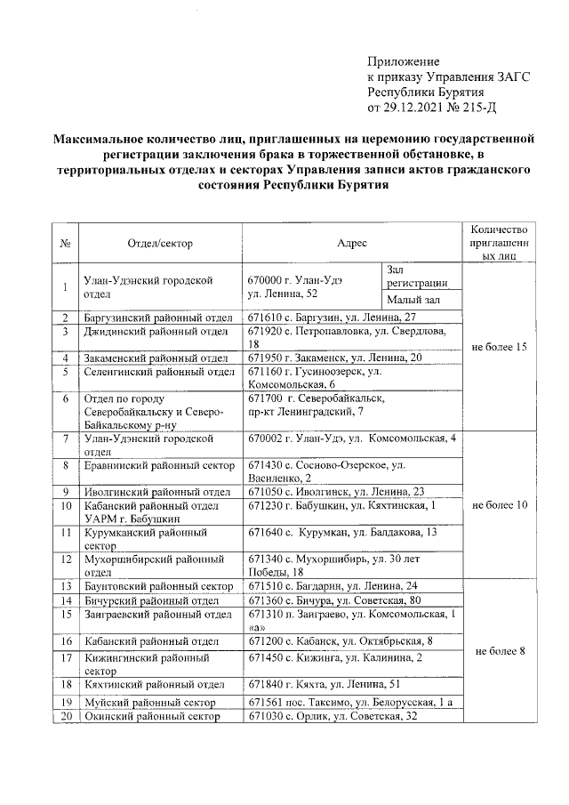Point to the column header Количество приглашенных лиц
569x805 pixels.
point(501,242)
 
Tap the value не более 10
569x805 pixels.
point(501,504)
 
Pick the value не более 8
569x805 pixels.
point(501,651)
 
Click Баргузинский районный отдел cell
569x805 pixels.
point(157,318)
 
